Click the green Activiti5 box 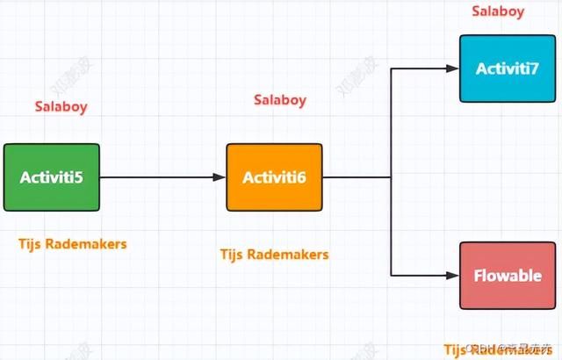pos(52,177)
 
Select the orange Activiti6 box pos(275,177)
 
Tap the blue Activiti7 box pos(508,68)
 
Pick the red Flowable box pos(508,276)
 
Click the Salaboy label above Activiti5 pos(61,107)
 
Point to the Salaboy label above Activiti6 pos(280,100)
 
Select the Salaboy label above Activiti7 pos(499,11)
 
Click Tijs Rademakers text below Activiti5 pos(73,243)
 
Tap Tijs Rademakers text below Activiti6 pos(274,255)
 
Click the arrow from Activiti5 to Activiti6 pos(162,177)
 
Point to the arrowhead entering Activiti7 pos(454,68)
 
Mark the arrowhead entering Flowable pos(454,276)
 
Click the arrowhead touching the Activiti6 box pos(220,177)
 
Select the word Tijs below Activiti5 pos(32,243)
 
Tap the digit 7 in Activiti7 pos(535,68)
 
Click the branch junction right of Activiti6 pos(391,177)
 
